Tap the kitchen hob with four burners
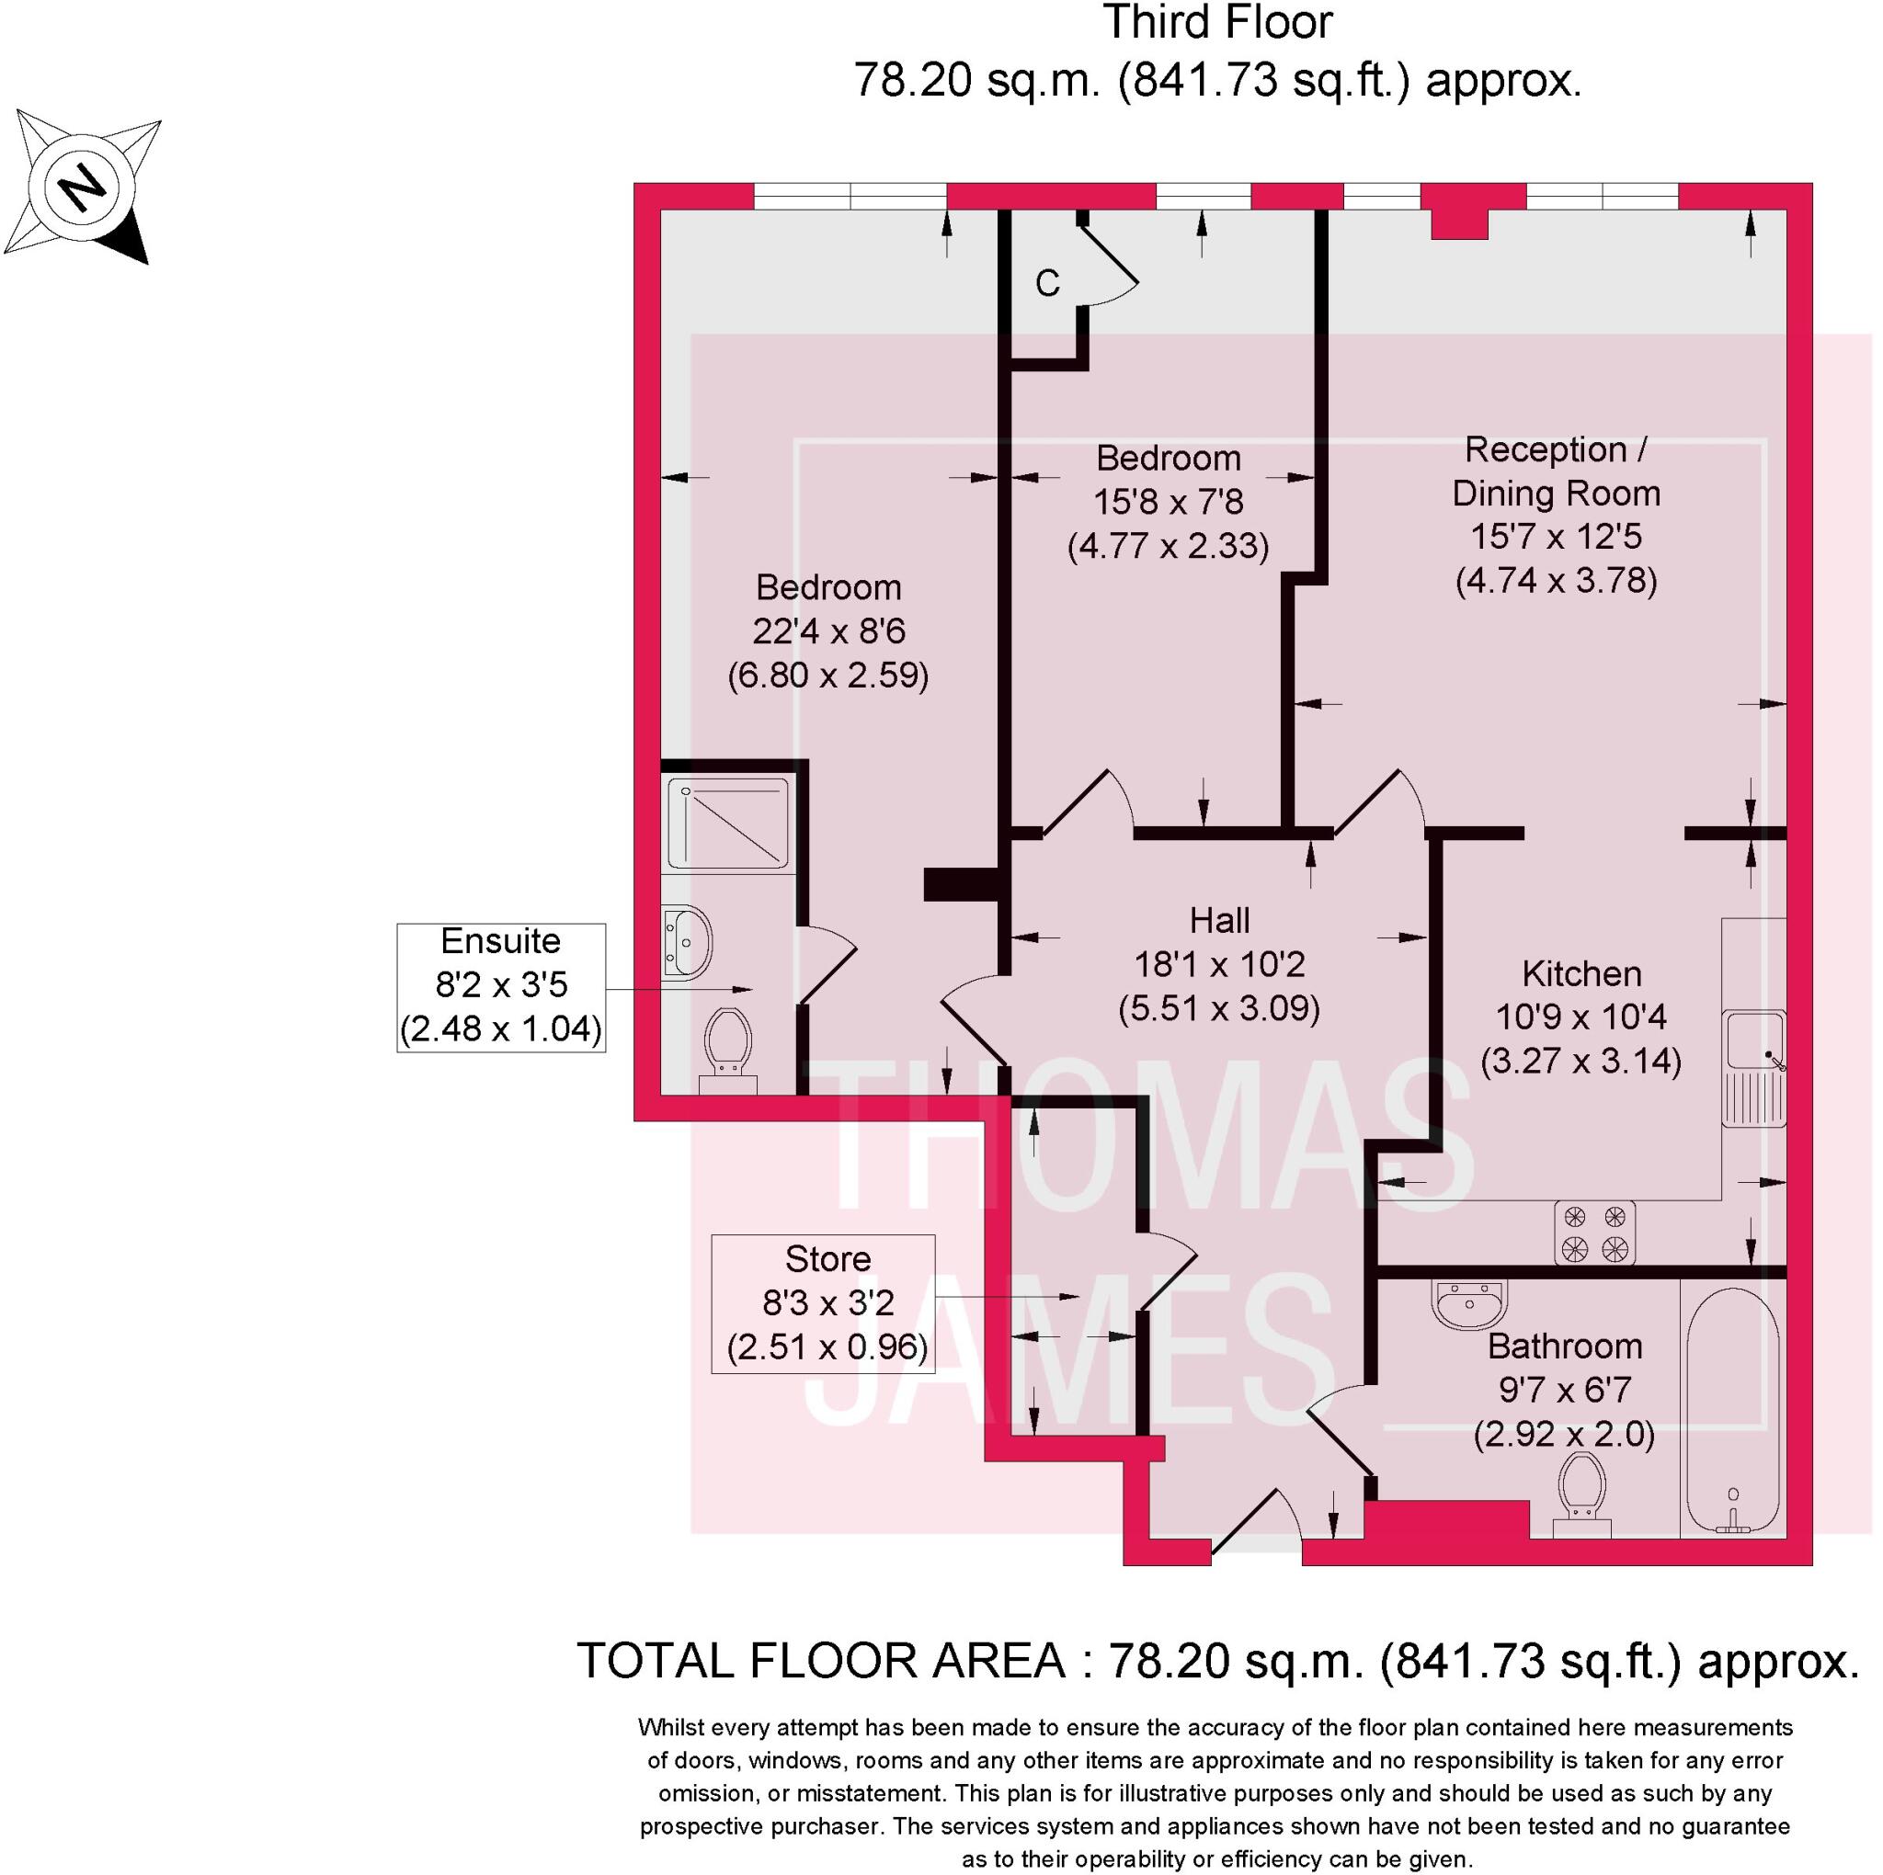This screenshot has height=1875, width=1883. click(x=1594, y=1232)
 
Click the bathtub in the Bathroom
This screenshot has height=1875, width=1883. click(x=1733, y=1413)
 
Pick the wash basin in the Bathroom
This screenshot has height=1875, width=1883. click(x=1470, y=1302)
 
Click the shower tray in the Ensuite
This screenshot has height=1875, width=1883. click(x=728, y=822)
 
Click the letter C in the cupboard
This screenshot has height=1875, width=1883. click(x=1048, y=284)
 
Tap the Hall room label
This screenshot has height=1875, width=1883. click(x=1219, y=919)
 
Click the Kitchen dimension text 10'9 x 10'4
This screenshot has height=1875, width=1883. click(x=1580, y=1017)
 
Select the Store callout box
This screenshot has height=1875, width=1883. click(x=824, y=1304)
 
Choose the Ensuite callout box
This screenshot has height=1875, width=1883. click(x=501, y=986)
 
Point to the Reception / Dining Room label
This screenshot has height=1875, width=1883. click(x=1556, y=471)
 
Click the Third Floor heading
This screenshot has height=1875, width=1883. click(x=1217, y=23)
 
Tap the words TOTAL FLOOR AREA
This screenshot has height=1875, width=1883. click(x=822, y=1661)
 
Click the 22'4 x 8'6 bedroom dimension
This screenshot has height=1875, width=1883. click(x=828, y=631)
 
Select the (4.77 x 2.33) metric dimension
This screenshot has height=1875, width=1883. click(x=1168, y=546)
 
